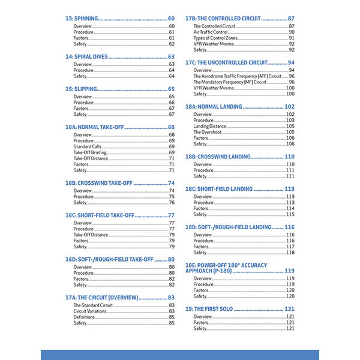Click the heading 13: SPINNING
coord(82,19)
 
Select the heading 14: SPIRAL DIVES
coord(86,56)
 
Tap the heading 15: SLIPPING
coord(80,89)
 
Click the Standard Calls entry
coord(87,146)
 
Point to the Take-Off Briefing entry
coord(90,152)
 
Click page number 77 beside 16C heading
coord(171,215)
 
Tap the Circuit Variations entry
coord(89,311)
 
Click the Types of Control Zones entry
coord(215,38)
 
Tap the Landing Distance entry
coord(209,126)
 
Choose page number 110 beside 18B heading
coord(289,157)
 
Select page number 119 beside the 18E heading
coord(289,271)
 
